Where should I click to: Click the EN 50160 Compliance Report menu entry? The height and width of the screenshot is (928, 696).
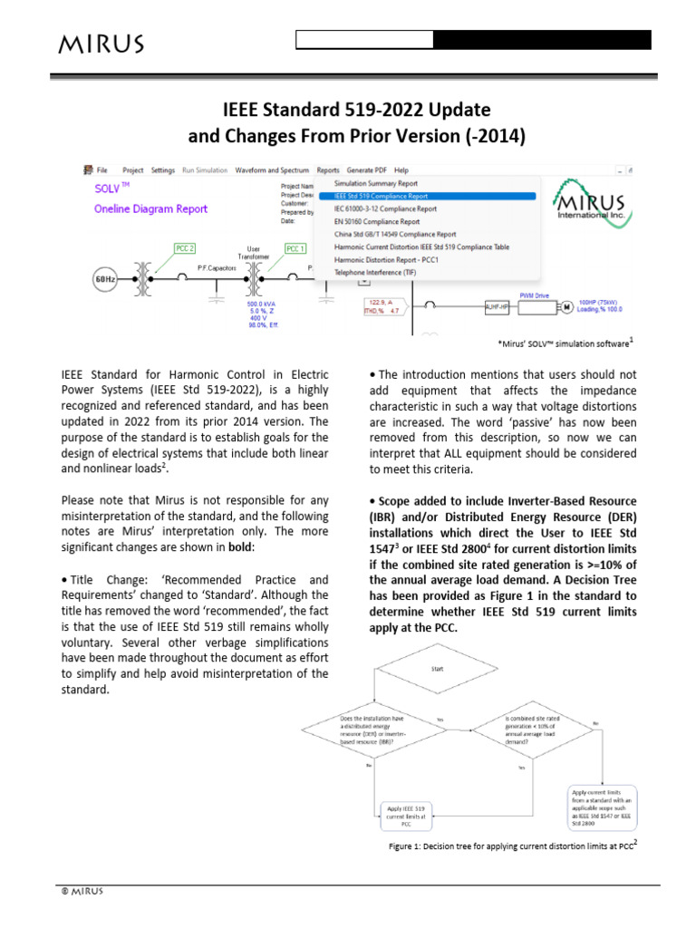[377, 221]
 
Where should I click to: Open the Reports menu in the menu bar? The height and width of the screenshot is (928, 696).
[327, 169]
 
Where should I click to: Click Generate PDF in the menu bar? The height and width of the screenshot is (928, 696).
[366, 169]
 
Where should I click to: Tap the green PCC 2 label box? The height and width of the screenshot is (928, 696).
[185, 247]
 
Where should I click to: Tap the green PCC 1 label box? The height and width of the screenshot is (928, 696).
[295, 247]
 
